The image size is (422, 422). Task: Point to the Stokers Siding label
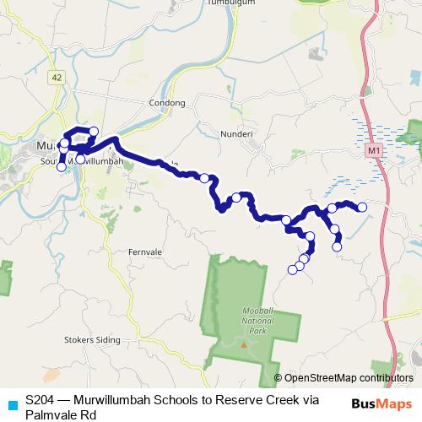point(93,340)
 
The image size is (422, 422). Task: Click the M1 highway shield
point(373,149)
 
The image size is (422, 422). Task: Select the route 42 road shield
point(57,77)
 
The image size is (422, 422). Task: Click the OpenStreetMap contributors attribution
point(348,378)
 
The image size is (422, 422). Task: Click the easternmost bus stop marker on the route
point(362,207)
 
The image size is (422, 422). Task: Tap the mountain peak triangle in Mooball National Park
point(244,344)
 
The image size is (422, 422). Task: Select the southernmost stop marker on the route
point(293,269)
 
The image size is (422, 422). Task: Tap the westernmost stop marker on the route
point(61,167)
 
